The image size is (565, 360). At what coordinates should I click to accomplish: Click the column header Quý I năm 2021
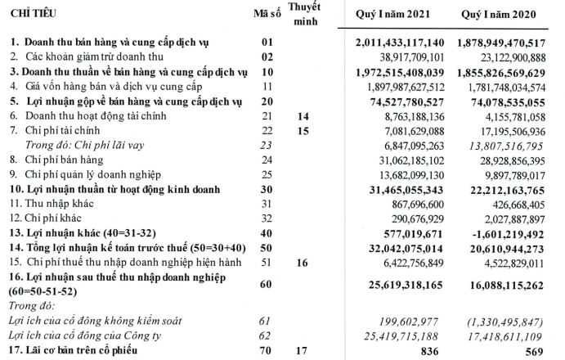tap(394, 16)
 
